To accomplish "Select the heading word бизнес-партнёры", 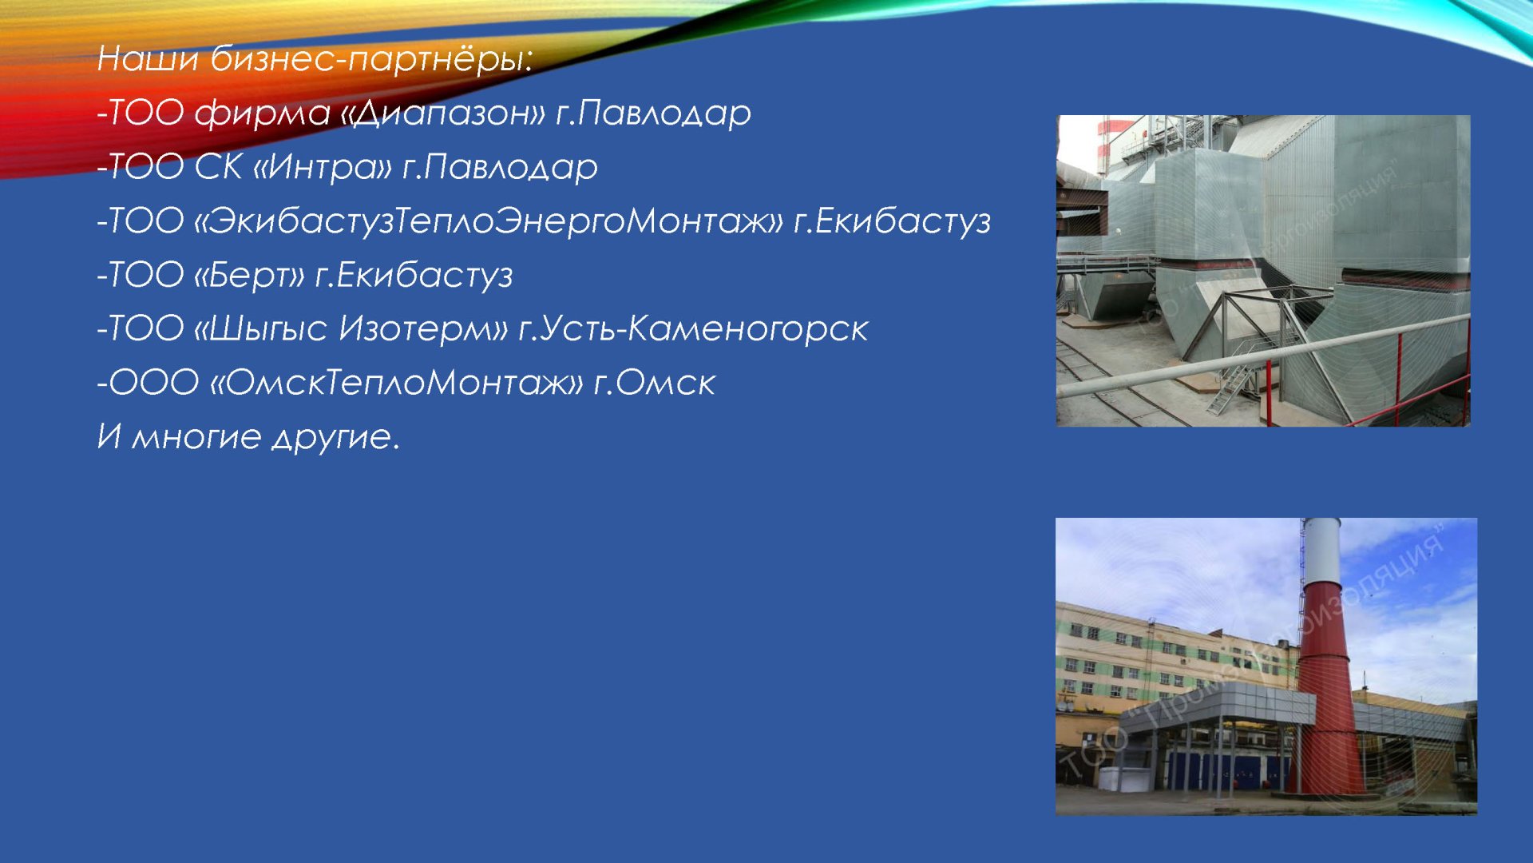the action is [371, 59].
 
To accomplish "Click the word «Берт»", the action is [250, 275].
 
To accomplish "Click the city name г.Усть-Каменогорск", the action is [693, 329].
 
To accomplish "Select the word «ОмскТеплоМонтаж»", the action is [397, 383].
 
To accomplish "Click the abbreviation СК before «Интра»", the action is [218, 167].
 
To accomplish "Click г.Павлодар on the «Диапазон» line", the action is [653, 113].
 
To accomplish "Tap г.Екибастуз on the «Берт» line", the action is [414, 276].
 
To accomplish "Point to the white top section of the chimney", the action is [1321, 551].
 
